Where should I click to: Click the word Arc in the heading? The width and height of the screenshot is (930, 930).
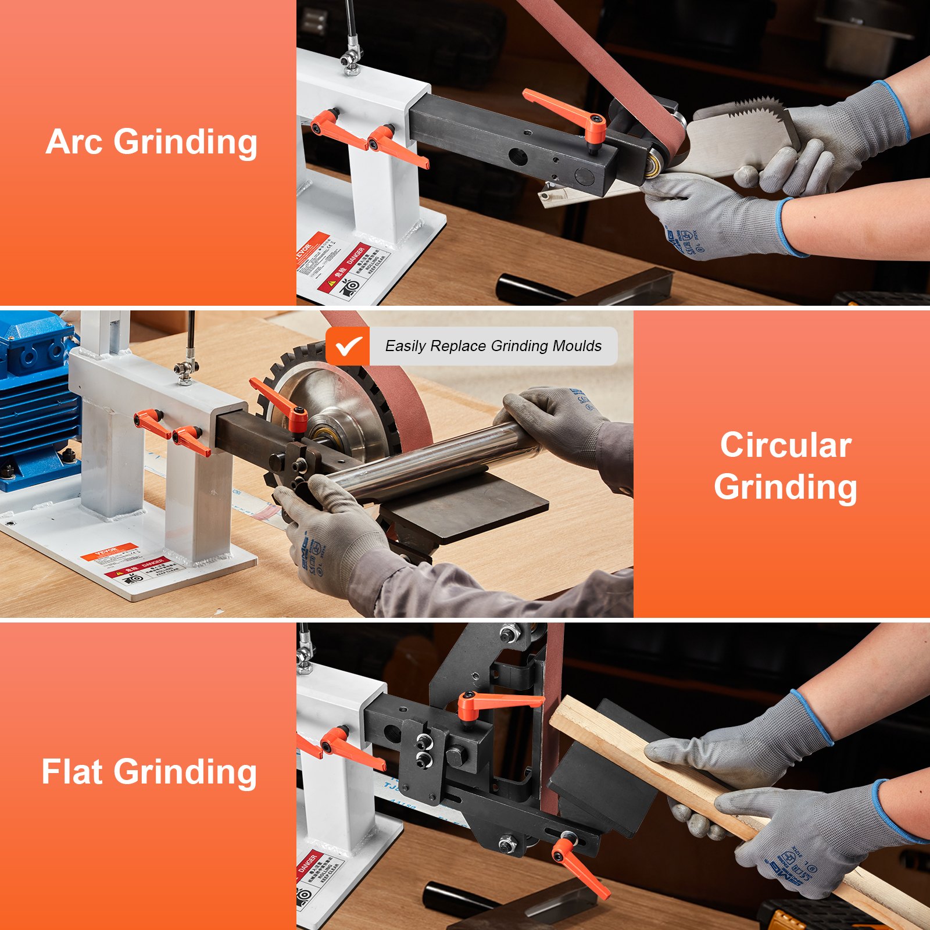click(74, 142)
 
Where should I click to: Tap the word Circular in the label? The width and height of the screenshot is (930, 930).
click(785, 445)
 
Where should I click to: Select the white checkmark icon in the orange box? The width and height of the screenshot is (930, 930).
click(348, 346)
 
